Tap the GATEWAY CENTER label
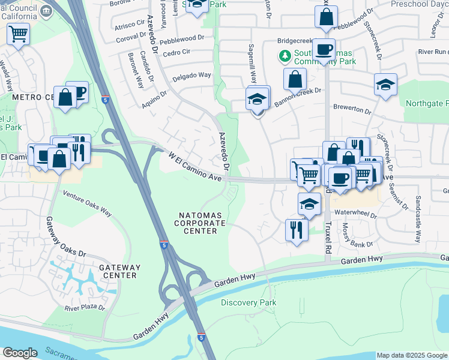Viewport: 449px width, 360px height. click(120, 271)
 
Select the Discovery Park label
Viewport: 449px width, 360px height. click(249, 303)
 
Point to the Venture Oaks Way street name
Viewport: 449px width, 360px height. click(88, 203)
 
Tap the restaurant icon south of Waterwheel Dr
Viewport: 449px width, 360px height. click(297, 229)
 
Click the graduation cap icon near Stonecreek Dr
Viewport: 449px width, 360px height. click(385, 85)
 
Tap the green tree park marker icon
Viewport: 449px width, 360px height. click(285, 56)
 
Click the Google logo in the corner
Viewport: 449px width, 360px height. click(20, 353)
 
